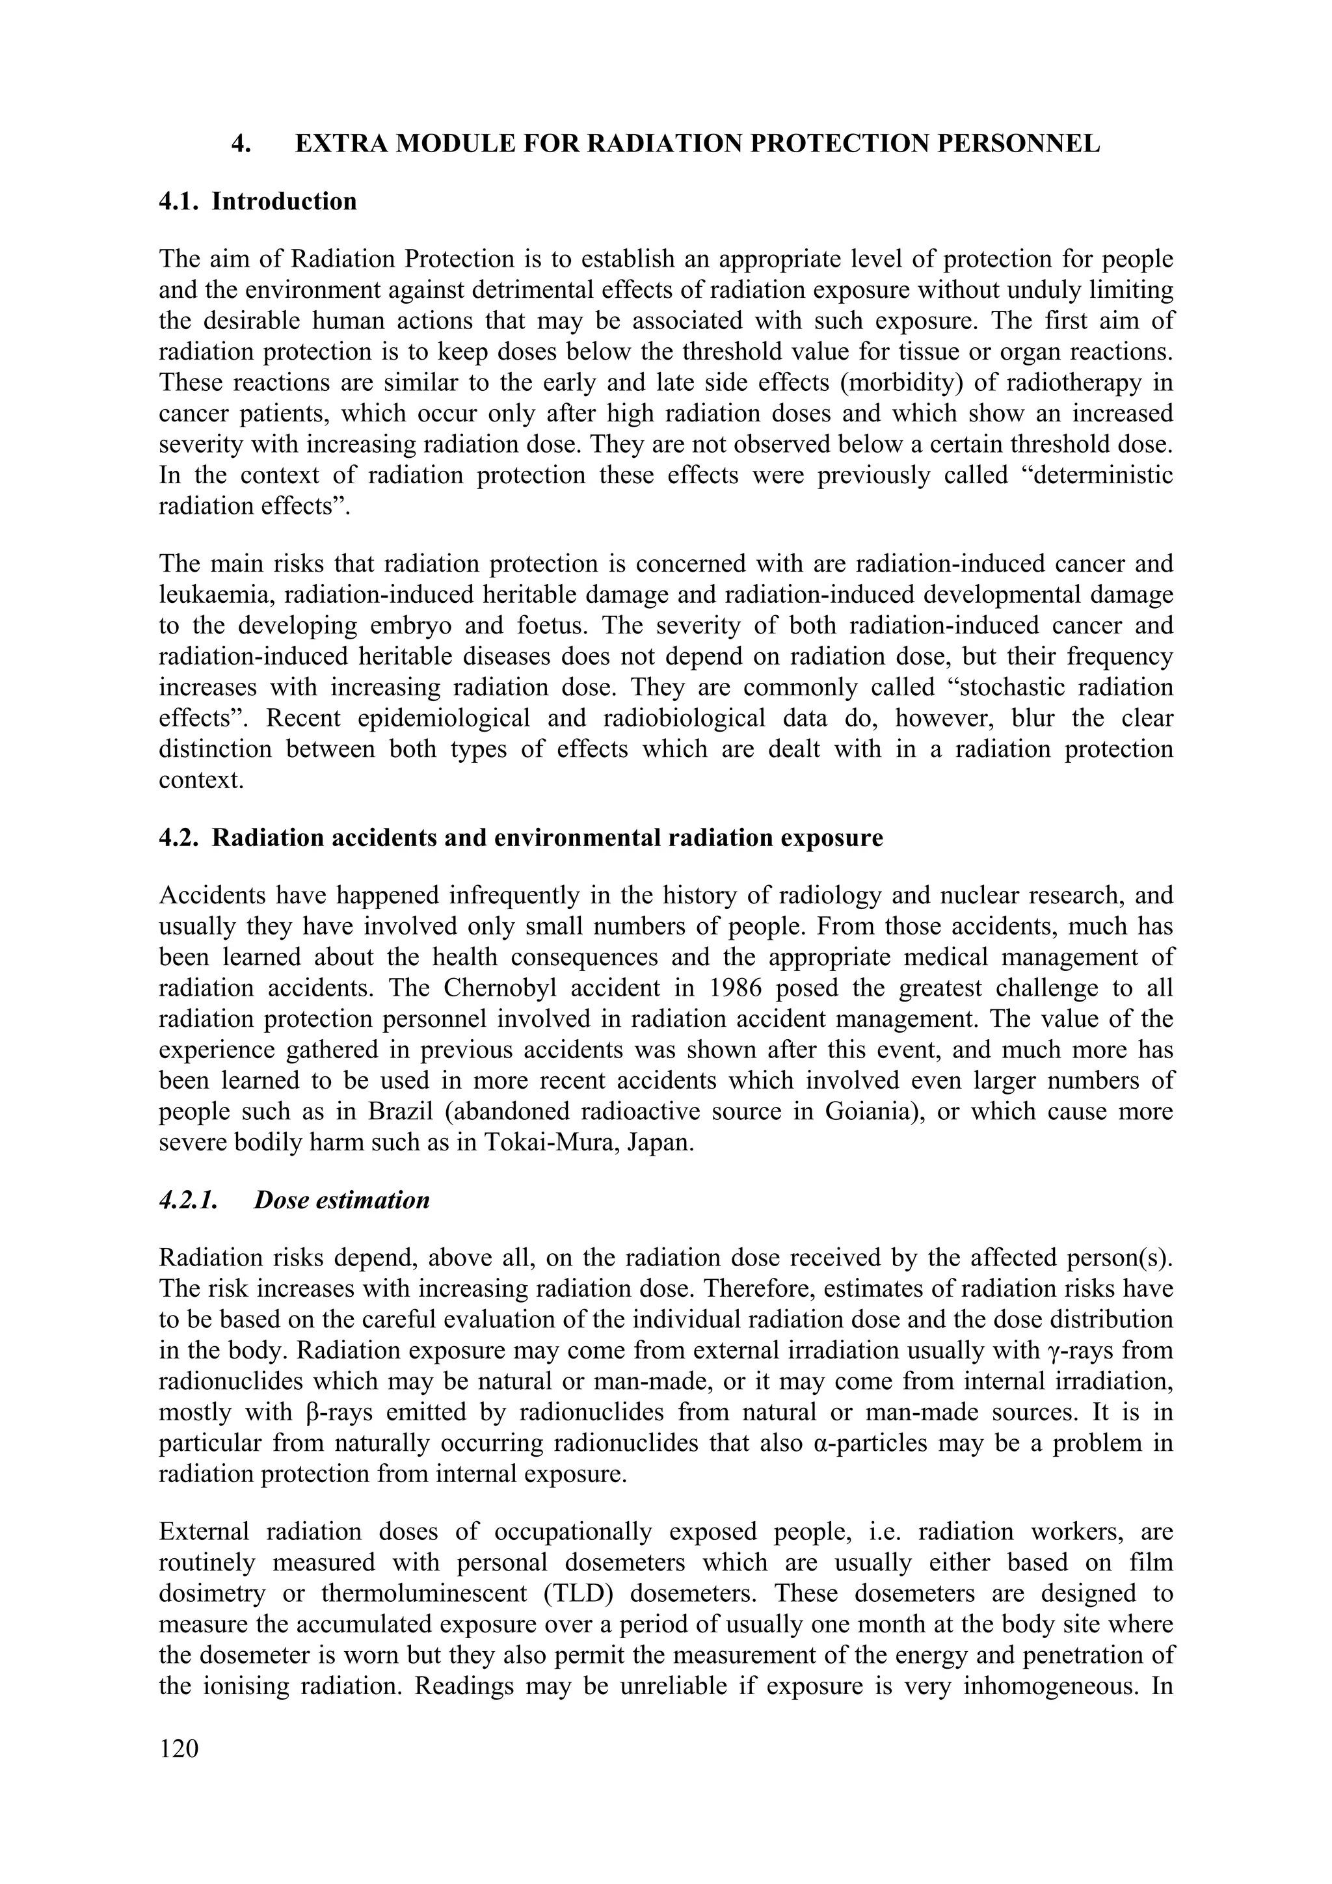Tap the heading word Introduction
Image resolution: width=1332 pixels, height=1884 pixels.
284,201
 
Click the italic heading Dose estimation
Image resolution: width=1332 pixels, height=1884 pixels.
341,1200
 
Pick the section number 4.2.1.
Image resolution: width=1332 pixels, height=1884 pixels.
188,1200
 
